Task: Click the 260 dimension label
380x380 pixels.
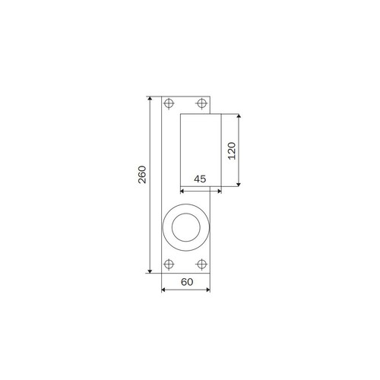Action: point(142,175)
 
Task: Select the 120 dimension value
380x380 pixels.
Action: point(232,150)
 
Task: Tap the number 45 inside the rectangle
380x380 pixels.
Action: point(200,179)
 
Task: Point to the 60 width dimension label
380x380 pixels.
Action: point(187,282)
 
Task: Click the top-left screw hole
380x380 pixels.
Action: point(169,103)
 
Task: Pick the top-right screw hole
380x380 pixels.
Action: point(201,103)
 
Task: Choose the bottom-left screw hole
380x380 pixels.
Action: point(169,264)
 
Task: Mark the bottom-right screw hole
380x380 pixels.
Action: point(201,264)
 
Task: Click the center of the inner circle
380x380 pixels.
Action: point(186,227)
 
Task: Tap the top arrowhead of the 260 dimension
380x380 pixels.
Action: point(150,99)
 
